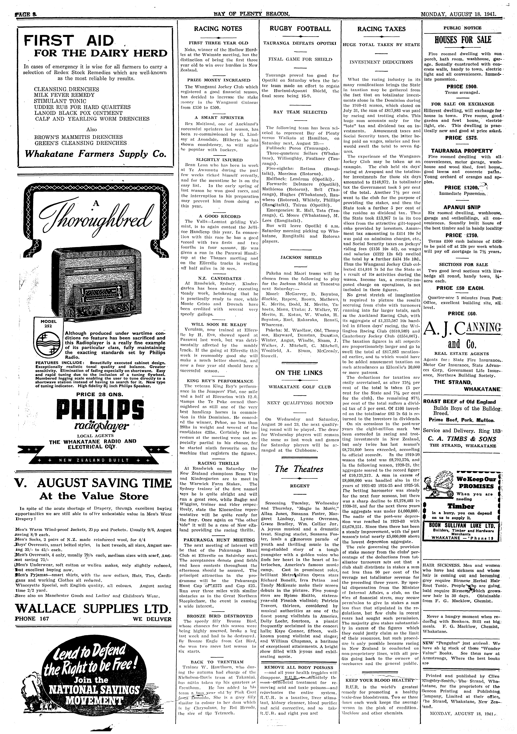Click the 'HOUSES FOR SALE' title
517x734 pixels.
click(x=462, y=40)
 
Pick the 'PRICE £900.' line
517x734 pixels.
click(x=462, y=87)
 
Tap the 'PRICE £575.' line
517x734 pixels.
click(x=462, y=138)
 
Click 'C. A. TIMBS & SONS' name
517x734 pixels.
click(x=462, y=439)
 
